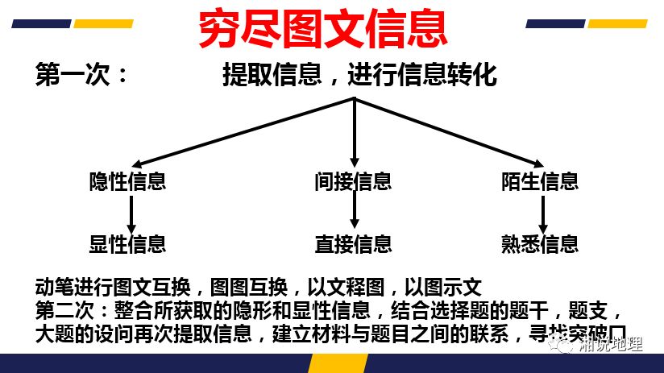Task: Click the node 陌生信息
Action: (x=540, y=180)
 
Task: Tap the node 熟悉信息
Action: (x=540, y=242)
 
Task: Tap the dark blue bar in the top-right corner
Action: (x=555, y=23)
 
